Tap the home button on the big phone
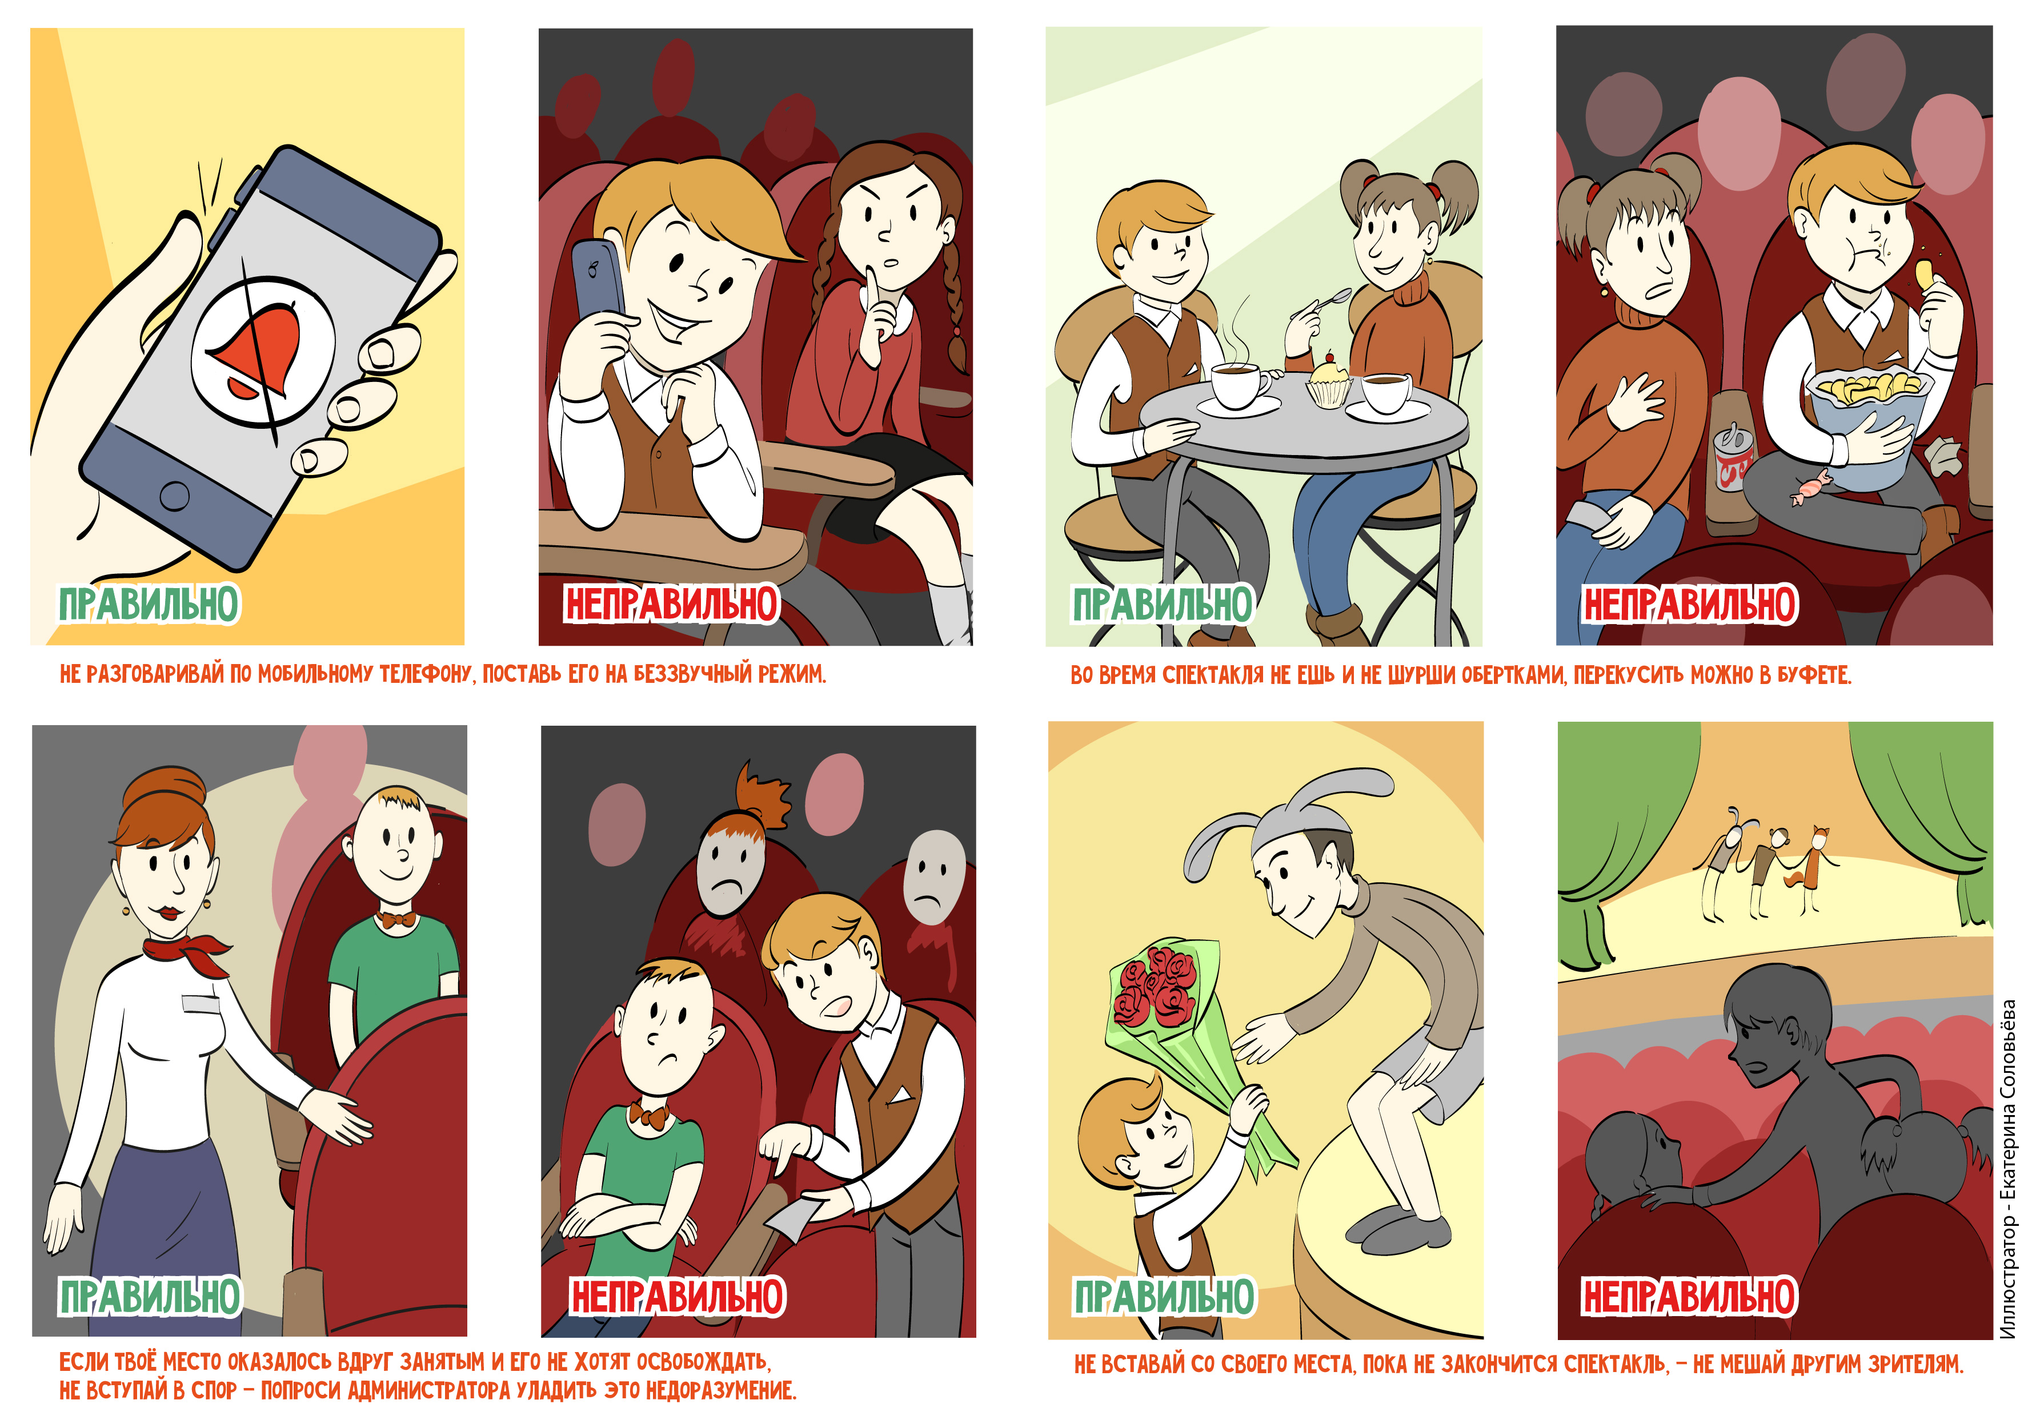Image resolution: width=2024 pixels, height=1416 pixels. [x=175, y=495]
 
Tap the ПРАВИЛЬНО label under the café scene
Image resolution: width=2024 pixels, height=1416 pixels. [x=1162, y=605]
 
